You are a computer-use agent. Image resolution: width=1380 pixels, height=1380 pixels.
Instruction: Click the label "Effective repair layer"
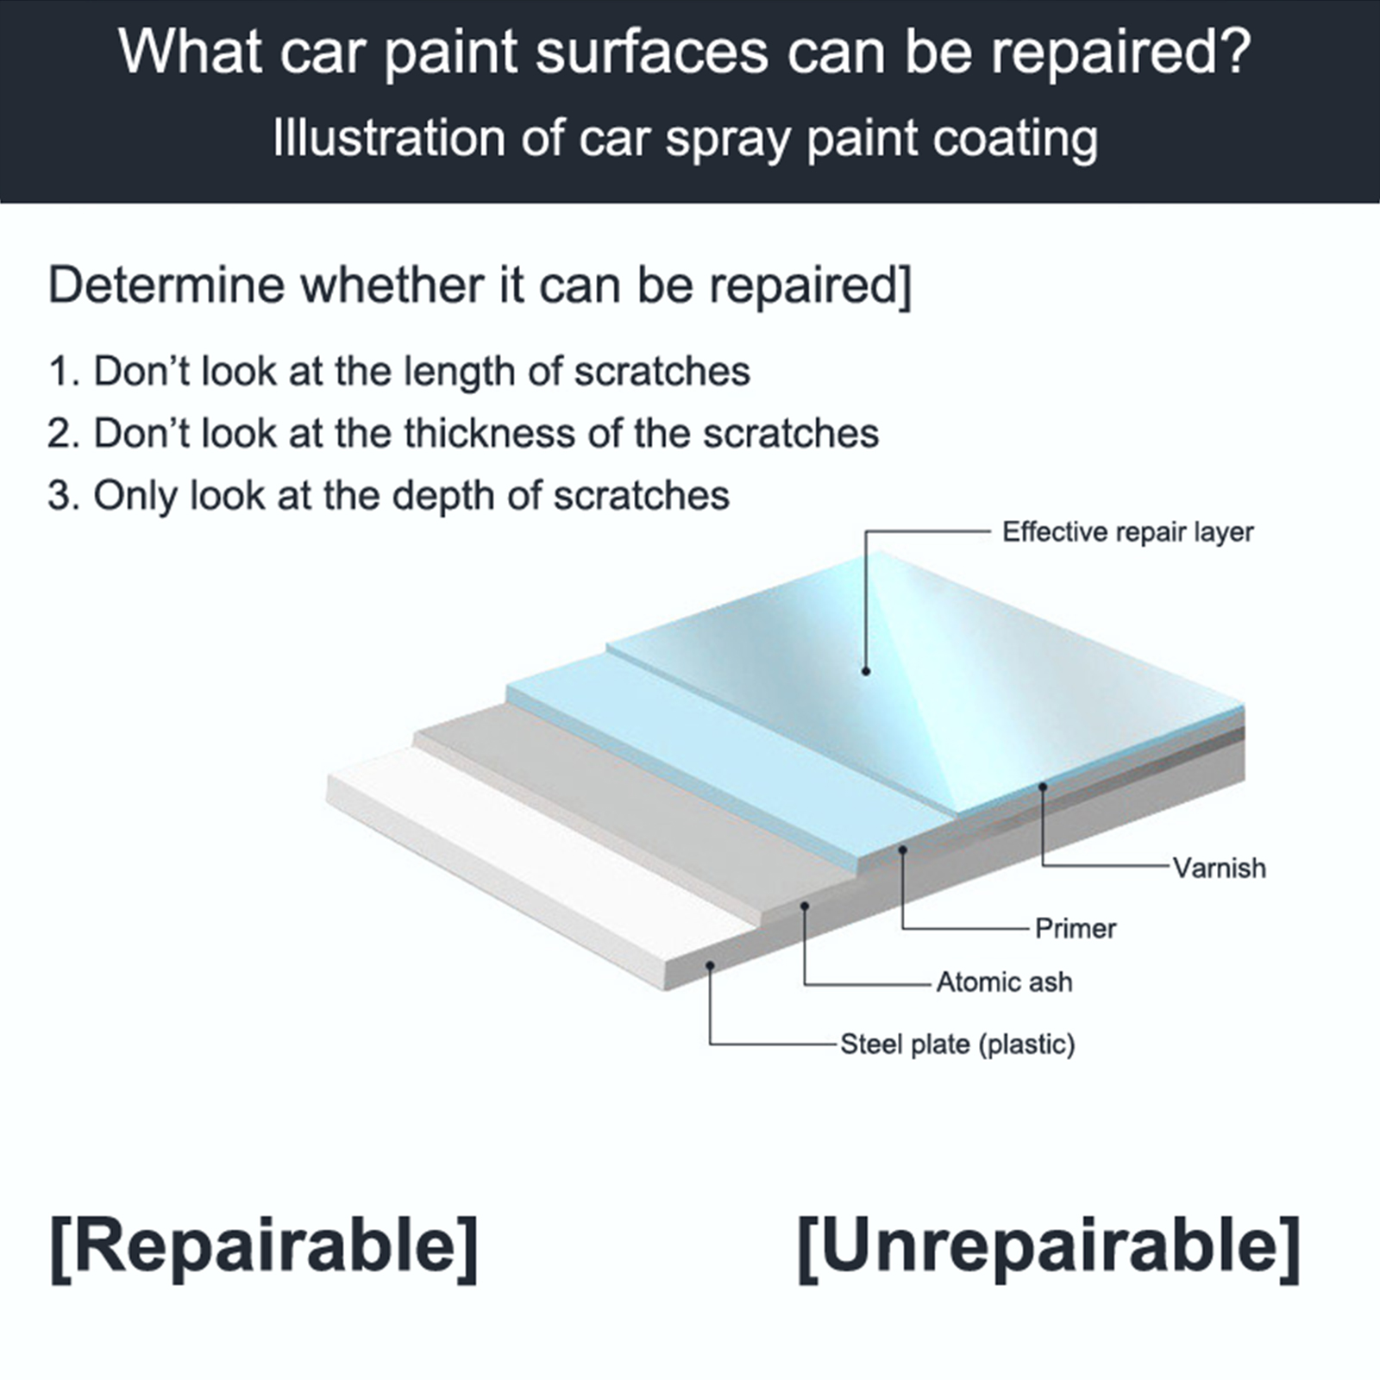tap(1127, 532)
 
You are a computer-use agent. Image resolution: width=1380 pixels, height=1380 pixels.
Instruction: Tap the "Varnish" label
tap(1220, 868)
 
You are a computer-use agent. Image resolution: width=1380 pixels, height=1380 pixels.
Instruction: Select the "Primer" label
tap(1076, 928)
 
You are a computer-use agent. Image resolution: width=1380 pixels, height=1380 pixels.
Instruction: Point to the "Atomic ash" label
tap(1005, 982)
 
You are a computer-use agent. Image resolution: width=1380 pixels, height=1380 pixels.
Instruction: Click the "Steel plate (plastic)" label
tap(957, 1044)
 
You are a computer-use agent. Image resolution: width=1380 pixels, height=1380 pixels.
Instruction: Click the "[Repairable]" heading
tap(264, 1248)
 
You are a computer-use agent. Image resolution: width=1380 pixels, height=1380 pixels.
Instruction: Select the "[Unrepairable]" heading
tap(1049, 1248)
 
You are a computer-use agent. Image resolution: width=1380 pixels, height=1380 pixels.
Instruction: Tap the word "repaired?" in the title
tap(1120, 53)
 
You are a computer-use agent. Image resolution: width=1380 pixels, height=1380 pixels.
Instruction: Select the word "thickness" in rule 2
tap(490, 433)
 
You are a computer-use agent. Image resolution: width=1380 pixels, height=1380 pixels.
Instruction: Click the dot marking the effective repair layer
tap(866, 671)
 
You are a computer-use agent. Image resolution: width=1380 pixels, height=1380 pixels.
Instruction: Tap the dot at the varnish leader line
tap(1043, 787)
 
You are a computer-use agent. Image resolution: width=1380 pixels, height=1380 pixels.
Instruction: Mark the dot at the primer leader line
tap(903, 850)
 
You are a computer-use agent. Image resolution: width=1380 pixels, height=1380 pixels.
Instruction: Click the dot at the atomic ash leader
tap(805, 906)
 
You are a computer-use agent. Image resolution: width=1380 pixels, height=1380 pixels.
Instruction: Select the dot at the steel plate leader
tap(710, 966)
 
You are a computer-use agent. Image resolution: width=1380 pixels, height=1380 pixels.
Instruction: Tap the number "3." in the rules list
tap(64, 496)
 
